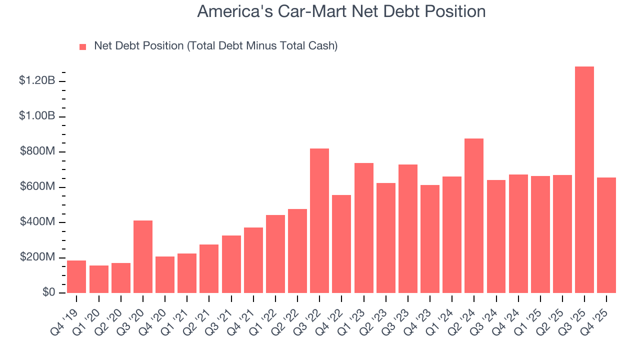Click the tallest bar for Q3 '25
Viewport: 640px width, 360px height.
pyautogui.click(x=584, y=180)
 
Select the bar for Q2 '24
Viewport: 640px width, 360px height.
pyautogui.click(x=474, y=216)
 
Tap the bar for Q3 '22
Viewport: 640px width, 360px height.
pyautogui.click(x=319, y=221)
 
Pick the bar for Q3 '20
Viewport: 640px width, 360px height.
pyautogui.click(x=143, y=257)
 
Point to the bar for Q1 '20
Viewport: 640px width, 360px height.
pyautogui.click(x=99, y=279)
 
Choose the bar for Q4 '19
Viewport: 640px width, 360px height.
pyautogui.click(x=76, y=277)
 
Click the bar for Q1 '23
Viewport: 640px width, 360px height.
pyautogui.click(x=363, y=228)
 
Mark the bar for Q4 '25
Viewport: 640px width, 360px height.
pyautogui.click(x=606, y=235)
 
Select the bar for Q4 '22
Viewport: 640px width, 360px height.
pyautogui.click(x=341, y=244)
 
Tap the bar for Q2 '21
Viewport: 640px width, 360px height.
pyautogui.click(x=209, y=269)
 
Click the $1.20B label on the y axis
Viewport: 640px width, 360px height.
pyautogui.click(x=37, y=80)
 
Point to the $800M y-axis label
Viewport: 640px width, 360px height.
pyautogui.click(x=37, y=151)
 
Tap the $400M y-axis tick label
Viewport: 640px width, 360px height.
pyautogui.click(x=37, y=222)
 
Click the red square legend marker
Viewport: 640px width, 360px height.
pyautogui.click(x=83, y=46)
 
